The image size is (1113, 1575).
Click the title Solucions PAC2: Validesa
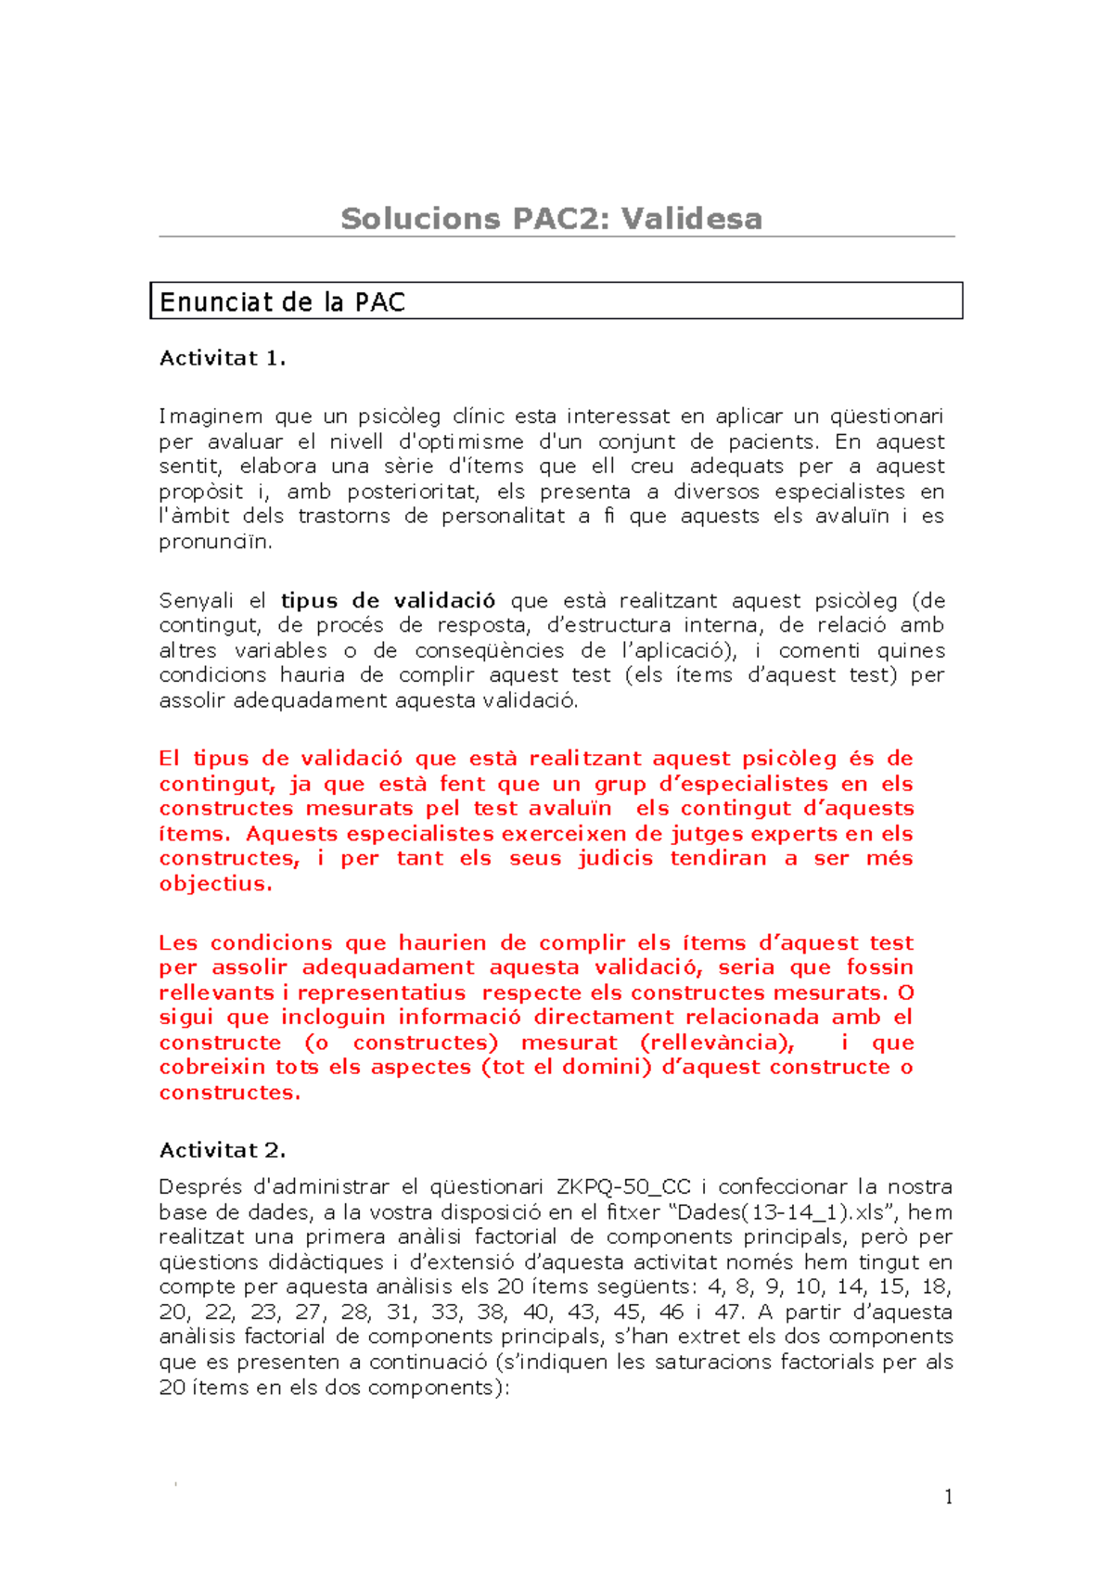click(551, 219)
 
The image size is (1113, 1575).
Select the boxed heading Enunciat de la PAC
click(282, 302)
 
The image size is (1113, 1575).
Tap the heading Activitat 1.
click(223, 358)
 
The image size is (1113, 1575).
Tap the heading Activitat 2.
click(223, 1150)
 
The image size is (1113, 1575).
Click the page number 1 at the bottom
click(948, 1496)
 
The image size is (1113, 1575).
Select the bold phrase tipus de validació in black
click(388, 600)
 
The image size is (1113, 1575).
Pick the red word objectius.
click(215, 883)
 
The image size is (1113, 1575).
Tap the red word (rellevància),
click(717, 1043)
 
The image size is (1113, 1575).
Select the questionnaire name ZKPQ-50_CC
click(623, 1186)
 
